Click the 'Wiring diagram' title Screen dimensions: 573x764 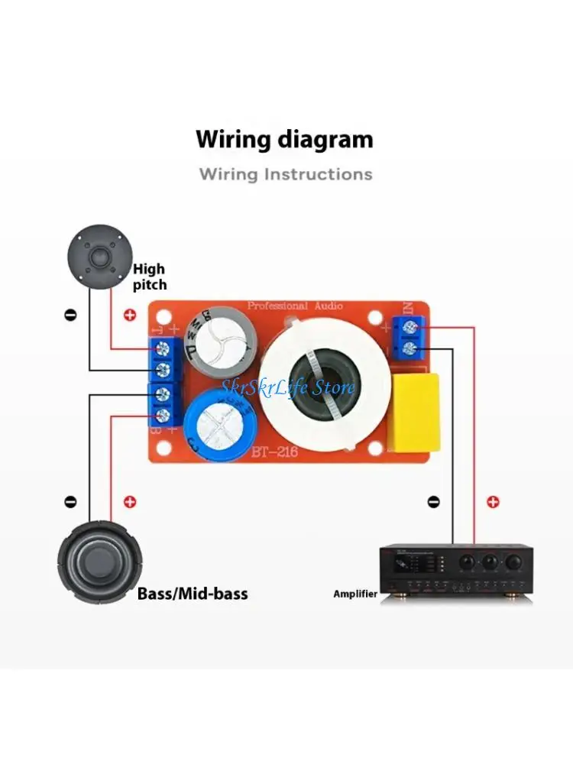[284, 140]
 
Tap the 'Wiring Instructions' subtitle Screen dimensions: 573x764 [286, 174]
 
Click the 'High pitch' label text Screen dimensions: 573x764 [149, 277]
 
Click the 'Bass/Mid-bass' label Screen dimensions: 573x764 [193, 594]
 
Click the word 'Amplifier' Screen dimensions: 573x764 [355, 594]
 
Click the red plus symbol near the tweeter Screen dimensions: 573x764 [129, 314]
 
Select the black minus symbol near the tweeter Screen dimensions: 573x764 [70, 314]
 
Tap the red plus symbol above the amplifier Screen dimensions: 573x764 [494, 502]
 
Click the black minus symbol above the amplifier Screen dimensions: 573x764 [433, 502]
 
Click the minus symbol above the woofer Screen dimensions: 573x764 [70, 502]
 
